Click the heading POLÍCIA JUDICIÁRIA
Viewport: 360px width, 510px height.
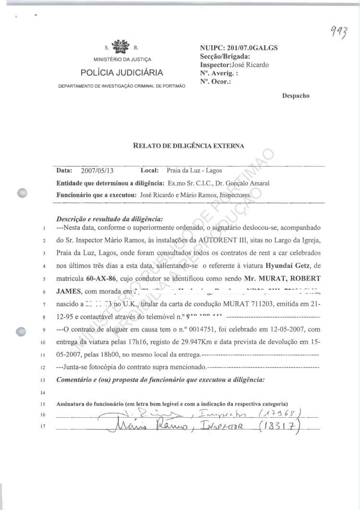click(121, 73)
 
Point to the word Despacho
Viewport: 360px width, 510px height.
click(296, 95)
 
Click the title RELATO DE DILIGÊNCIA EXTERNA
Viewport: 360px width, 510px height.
click(188, 145)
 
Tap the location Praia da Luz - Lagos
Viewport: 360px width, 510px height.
click(194, 170)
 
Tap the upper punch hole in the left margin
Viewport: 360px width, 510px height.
click(22, 192)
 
